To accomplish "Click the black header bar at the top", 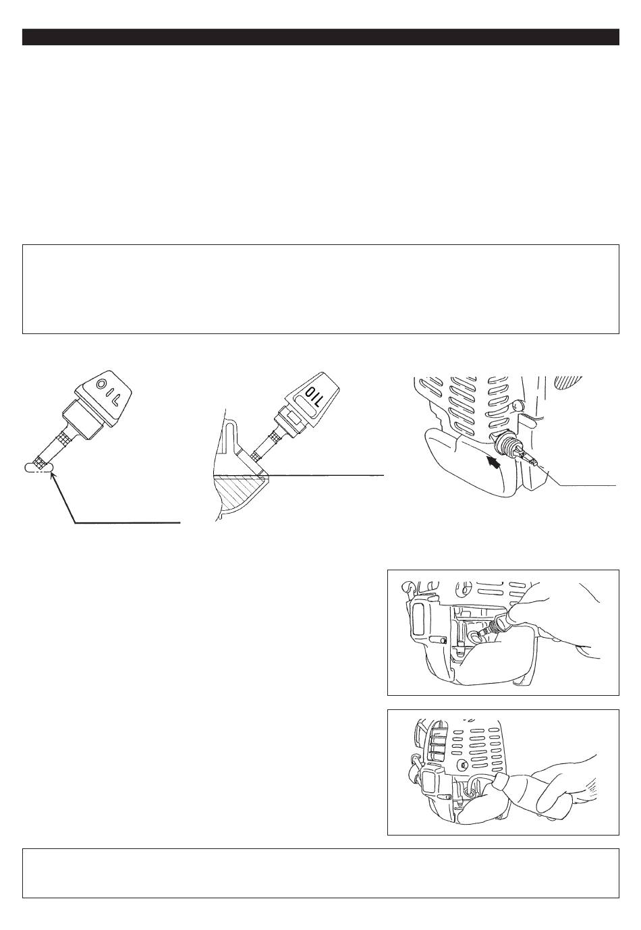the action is (x=320, y=37).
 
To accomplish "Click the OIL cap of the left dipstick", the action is (x=104, y=393).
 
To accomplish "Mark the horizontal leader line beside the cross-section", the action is (x=325, y=475).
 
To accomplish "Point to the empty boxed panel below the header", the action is (x=320, y=289).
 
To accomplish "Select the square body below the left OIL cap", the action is (x=83, y=417).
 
